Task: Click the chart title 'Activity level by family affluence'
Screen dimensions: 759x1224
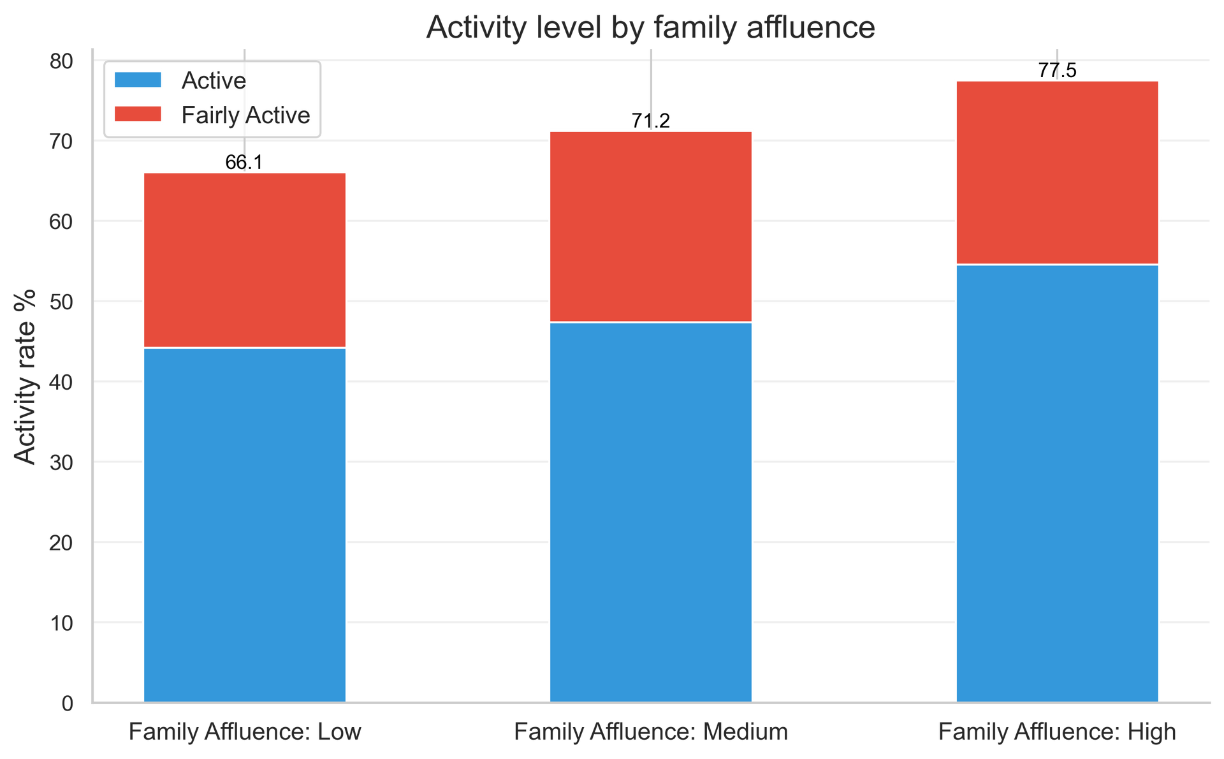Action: pos(650,28)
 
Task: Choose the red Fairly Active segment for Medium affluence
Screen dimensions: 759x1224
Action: pos(651,226)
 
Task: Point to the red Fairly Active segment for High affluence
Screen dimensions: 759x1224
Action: pos(1057,172)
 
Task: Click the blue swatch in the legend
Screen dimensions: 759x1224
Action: pos(138,80)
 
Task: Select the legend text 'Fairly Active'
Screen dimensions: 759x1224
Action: pos(245,115)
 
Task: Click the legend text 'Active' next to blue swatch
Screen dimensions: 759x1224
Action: pos(214,81)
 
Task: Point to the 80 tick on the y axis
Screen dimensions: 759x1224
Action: pos(61,62)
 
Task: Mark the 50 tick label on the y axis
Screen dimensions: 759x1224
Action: pos(61,302)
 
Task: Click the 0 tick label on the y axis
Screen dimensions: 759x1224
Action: pos(68,704)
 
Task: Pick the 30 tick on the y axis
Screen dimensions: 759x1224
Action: pos(61,463)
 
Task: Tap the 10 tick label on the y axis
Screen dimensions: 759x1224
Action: pos(61,624)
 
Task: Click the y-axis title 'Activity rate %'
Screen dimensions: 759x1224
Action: pos(25,376)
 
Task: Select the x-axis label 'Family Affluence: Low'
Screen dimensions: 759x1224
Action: pos(245,732)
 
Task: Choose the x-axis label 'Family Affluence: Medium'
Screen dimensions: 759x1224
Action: pos(651,732)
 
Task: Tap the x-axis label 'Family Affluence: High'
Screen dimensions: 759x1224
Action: pos(1057,732)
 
